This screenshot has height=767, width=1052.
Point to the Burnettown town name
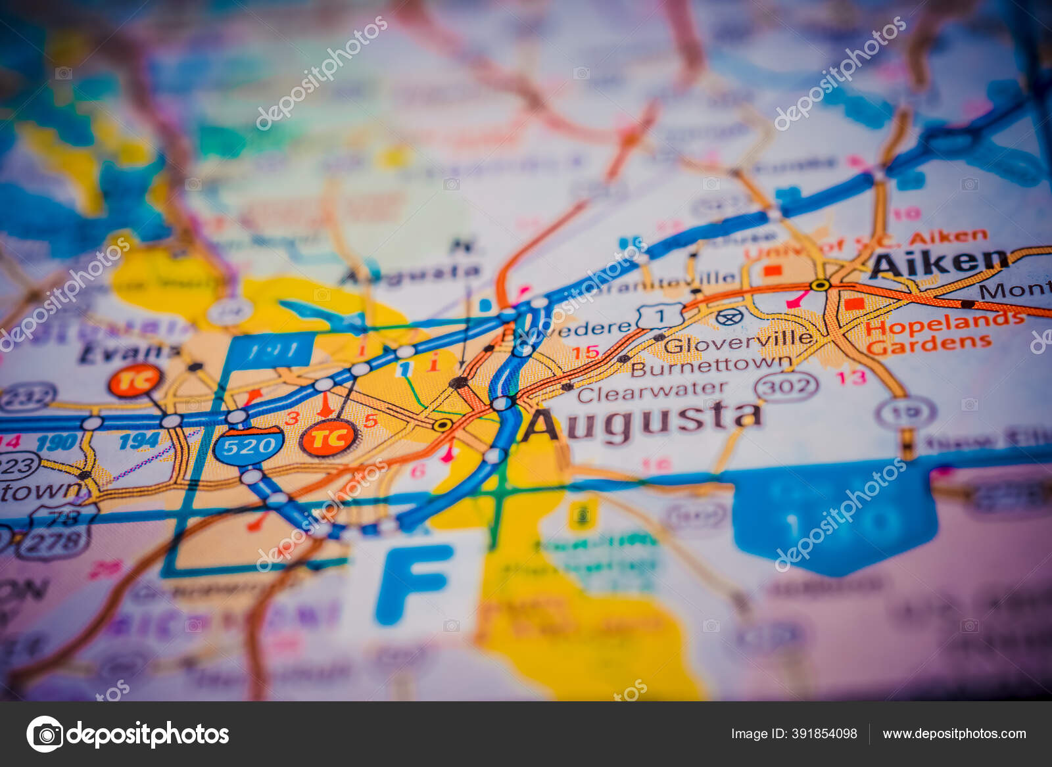pyautogui.click(x=711, y=365)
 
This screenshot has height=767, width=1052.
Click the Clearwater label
pyautogui.click(x=652, y=392)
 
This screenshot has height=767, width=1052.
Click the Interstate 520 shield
pyautogui.click(x=249, y=446)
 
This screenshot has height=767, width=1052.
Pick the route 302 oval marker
pyautogui.click(x=786, y=386)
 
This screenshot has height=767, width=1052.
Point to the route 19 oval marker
pyautogui.click(x=905, y=412)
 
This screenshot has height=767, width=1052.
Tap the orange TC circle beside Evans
pyautogui.click(x=135, y=381)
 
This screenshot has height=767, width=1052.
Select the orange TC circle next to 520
pyautogui.click(x=329, y=438)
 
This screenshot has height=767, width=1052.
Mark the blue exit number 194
pyautogui.click(x=139, y=440)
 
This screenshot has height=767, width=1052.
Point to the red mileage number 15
pyautogui.click(x=585, y=352)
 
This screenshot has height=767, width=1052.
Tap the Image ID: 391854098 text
pyautogui.click(x=794, y=733)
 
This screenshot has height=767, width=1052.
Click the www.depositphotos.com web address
pyautogui.click(x=954, y=733)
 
